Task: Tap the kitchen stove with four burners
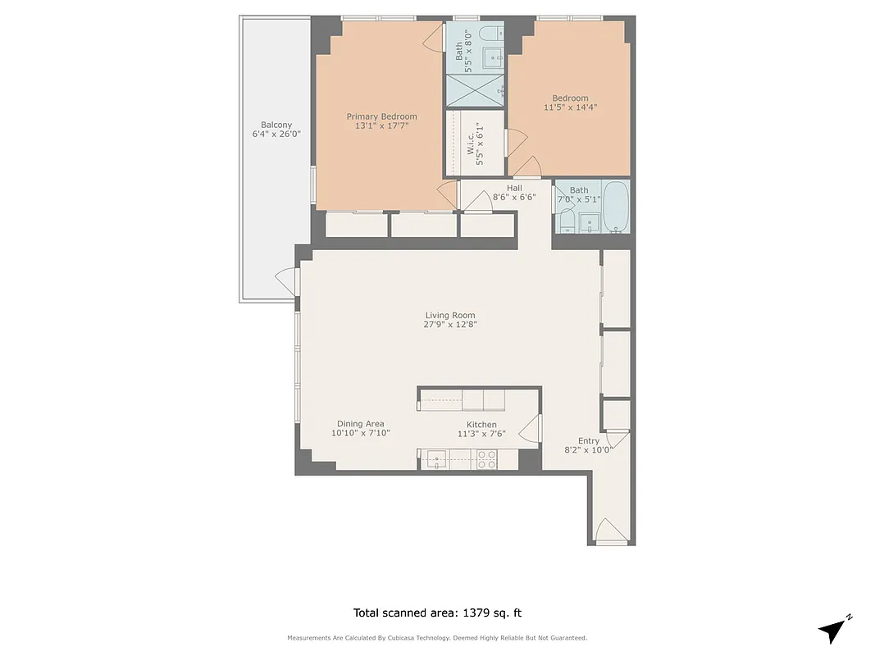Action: [486, 460]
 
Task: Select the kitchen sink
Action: [436, 460]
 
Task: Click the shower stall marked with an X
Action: [475, 90]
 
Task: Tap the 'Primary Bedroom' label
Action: [381, 116]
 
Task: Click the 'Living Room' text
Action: [449, 315]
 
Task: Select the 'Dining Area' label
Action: [360, 424]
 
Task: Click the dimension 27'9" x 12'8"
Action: [450, 324]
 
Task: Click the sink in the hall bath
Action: [589, 221]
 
